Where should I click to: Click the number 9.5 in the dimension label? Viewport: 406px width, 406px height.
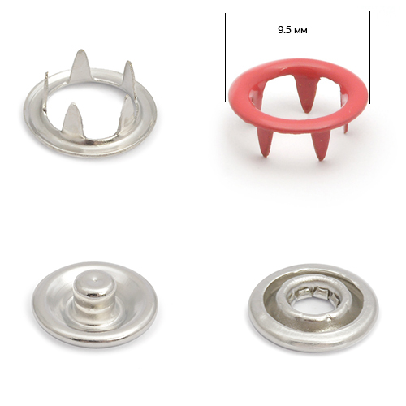(284, 30)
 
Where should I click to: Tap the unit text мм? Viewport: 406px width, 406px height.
(300, 31)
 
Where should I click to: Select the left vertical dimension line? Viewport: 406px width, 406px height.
(225, 58)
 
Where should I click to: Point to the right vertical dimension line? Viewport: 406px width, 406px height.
(369, 58)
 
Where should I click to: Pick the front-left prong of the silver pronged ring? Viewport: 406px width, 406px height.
(71, 118)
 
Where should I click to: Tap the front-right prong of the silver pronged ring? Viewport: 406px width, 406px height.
(127, 111)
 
